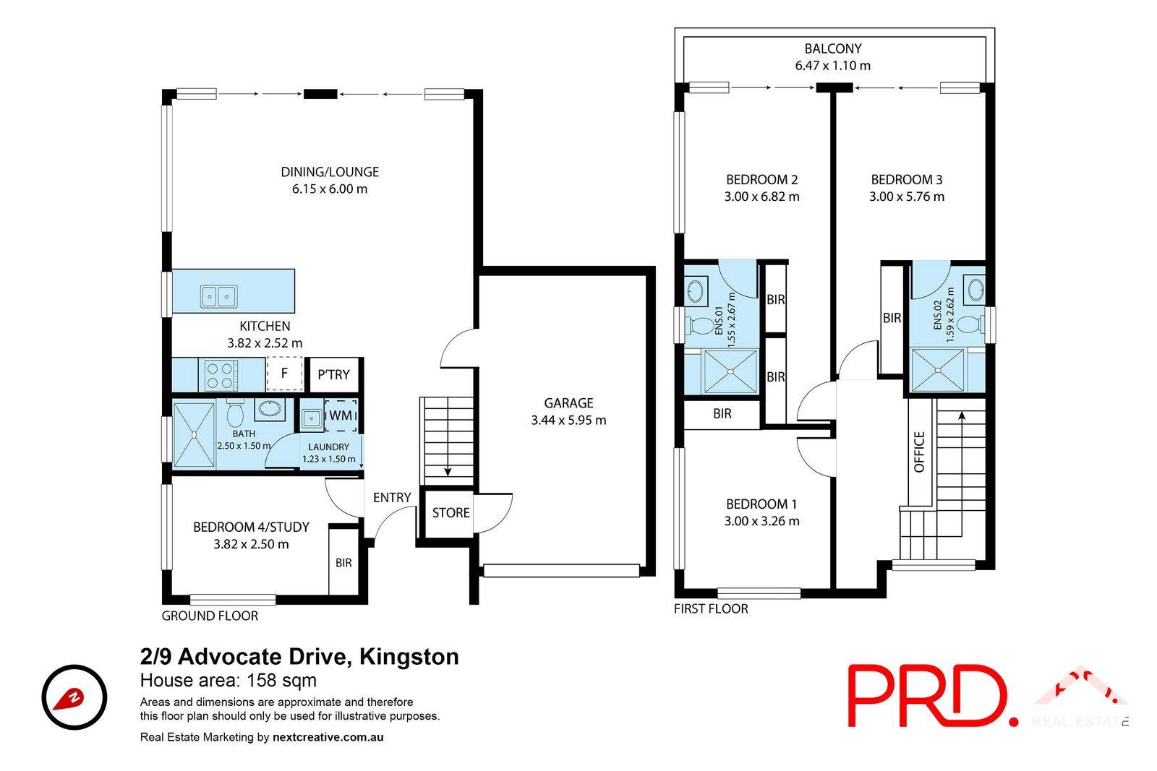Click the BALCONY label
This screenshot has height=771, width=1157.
833,49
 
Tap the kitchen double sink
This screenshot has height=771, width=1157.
218,296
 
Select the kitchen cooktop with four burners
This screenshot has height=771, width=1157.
220,375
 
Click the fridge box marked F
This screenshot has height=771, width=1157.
284,374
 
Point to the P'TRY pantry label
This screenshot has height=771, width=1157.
333,374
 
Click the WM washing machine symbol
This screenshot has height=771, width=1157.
341,415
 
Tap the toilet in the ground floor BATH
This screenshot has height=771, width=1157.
235,415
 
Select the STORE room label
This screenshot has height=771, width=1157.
451,513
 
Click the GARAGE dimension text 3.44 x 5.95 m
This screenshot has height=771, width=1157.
568,421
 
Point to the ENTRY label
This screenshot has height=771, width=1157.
392,498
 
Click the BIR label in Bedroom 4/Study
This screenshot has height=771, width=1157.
343,563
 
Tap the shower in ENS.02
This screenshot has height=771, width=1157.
938,371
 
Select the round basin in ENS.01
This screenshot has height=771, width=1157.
695,292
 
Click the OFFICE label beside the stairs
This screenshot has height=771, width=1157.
920,452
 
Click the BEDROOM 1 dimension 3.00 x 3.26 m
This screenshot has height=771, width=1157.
761,521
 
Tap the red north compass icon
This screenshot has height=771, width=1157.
74,697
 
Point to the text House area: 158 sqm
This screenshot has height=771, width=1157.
229,681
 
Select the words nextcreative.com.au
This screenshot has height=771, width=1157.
328,738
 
